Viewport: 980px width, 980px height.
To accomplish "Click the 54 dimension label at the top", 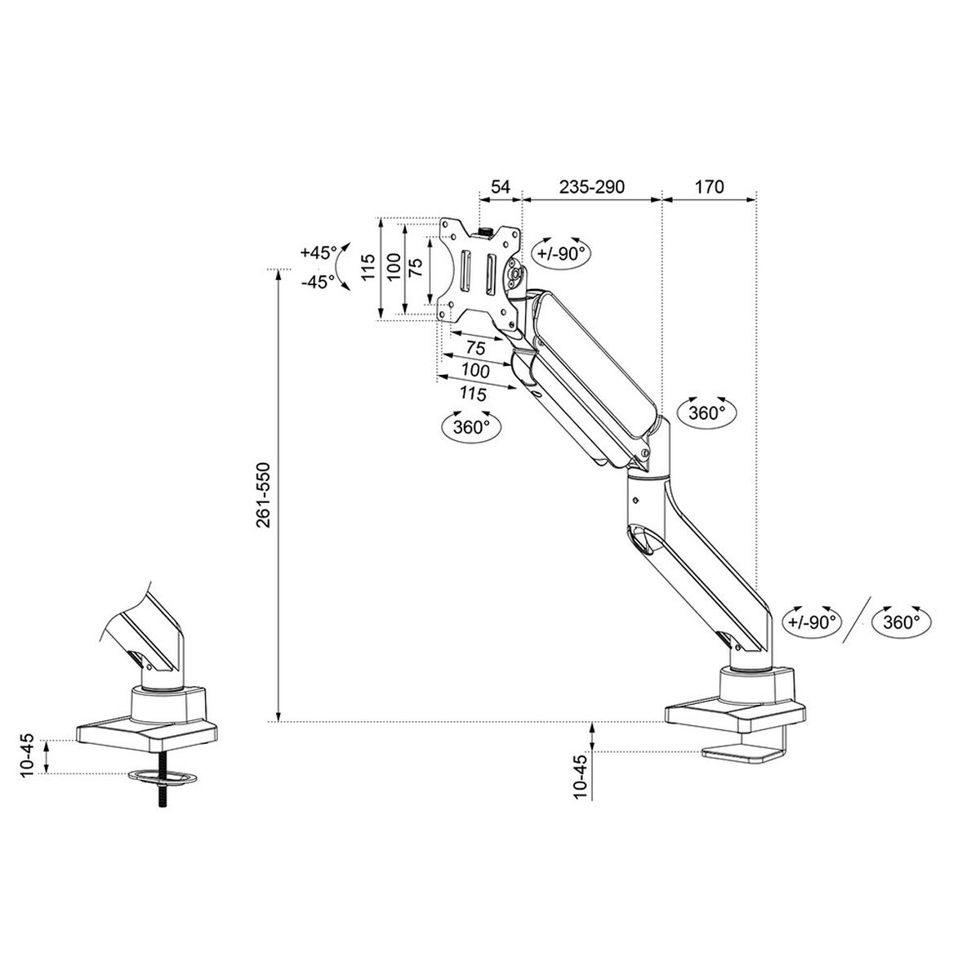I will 499,186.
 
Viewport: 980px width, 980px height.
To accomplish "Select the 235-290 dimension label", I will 591,186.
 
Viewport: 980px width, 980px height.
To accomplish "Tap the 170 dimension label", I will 709,186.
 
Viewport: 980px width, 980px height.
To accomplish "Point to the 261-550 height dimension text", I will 262,496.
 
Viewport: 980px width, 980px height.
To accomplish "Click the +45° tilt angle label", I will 317,252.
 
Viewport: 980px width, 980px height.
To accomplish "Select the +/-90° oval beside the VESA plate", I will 563,253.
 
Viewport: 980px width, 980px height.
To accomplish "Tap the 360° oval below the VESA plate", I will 470,426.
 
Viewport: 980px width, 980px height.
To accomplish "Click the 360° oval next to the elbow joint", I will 706,412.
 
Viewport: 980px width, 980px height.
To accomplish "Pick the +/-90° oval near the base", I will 813,621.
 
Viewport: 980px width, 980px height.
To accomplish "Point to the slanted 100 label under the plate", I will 474,371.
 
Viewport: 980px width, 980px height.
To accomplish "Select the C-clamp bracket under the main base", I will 747,754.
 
